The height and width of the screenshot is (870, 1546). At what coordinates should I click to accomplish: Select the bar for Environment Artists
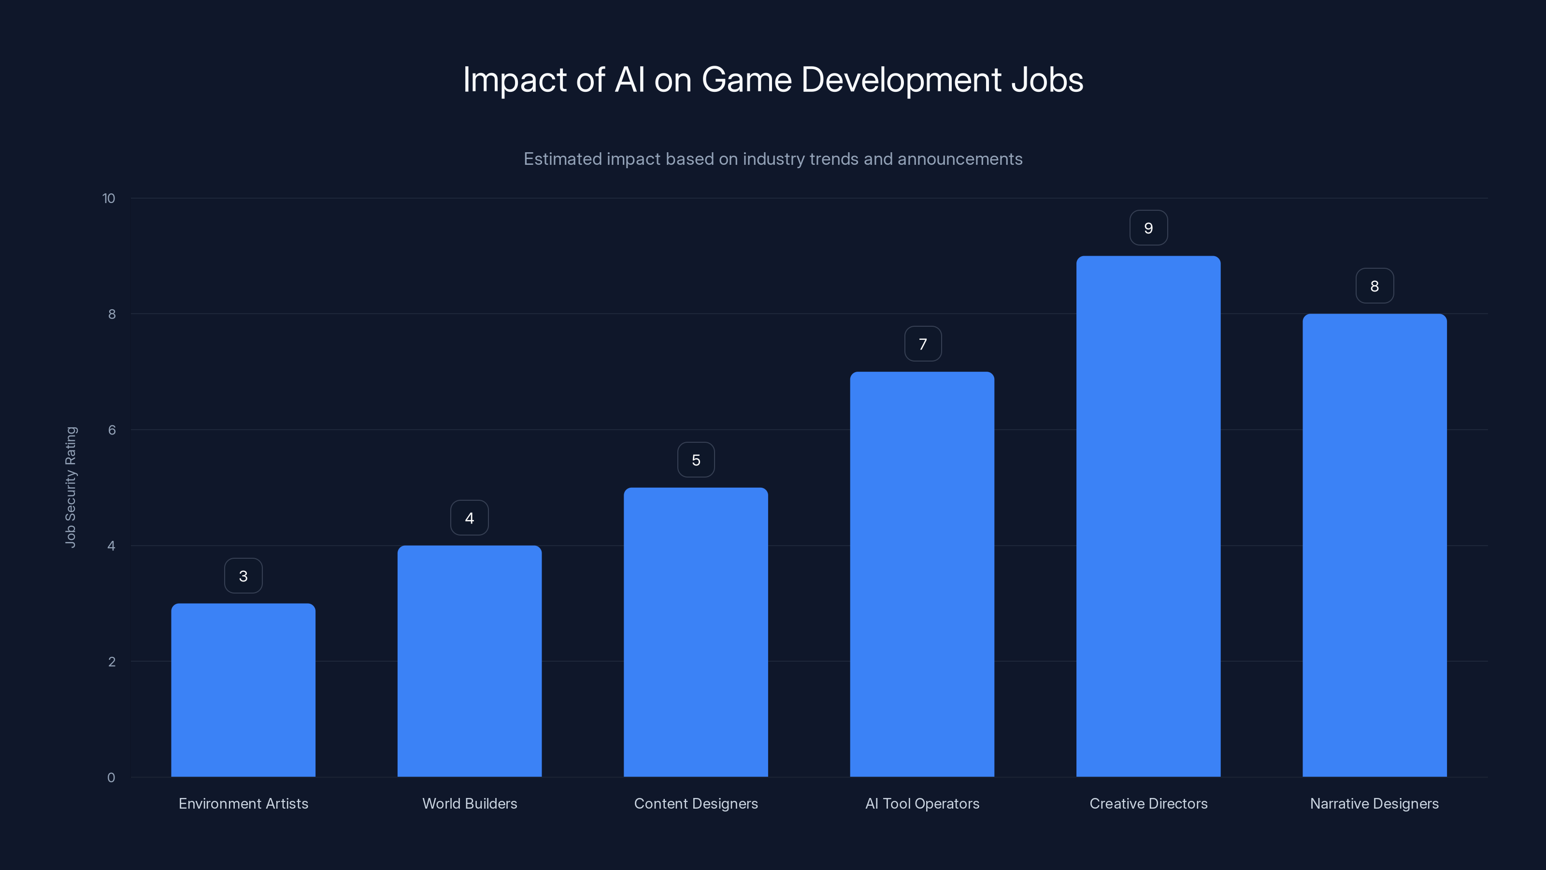tap(243, 691)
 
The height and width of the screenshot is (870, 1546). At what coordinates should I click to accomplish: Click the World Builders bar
tap(469, 660)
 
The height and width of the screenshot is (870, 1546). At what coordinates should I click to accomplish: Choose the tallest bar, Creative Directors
tap(1148, 516)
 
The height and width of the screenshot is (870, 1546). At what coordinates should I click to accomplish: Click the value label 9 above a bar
tap(1148, 228)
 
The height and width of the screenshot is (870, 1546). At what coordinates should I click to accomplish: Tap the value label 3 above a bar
tap(243, 576)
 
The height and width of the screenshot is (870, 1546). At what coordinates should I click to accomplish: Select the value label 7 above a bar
tap(922, 344)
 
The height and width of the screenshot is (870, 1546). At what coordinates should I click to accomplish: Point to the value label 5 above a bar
tap(696, 460)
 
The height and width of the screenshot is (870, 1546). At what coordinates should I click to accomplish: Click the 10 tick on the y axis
tap(109, 198)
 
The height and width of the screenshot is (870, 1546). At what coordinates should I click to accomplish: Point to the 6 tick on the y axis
tap(112, 430)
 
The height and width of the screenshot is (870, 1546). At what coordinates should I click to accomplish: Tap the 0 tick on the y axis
tap(111, 778)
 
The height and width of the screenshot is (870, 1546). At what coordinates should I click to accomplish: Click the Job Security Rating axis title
tap(71, 487)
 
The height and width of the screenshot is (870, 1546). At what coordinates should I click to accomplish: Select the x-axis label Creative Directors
tap(1148, 803)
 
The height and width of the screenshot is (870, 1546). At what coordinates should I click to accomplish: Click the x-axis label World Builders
tap(469, 803)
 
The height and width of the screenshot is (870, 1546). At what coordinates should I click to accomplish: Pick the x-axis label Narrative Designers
tap(1374, 803)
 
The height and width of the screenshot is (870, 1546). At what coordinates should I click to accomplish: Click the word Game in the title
tap(746, 80)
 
